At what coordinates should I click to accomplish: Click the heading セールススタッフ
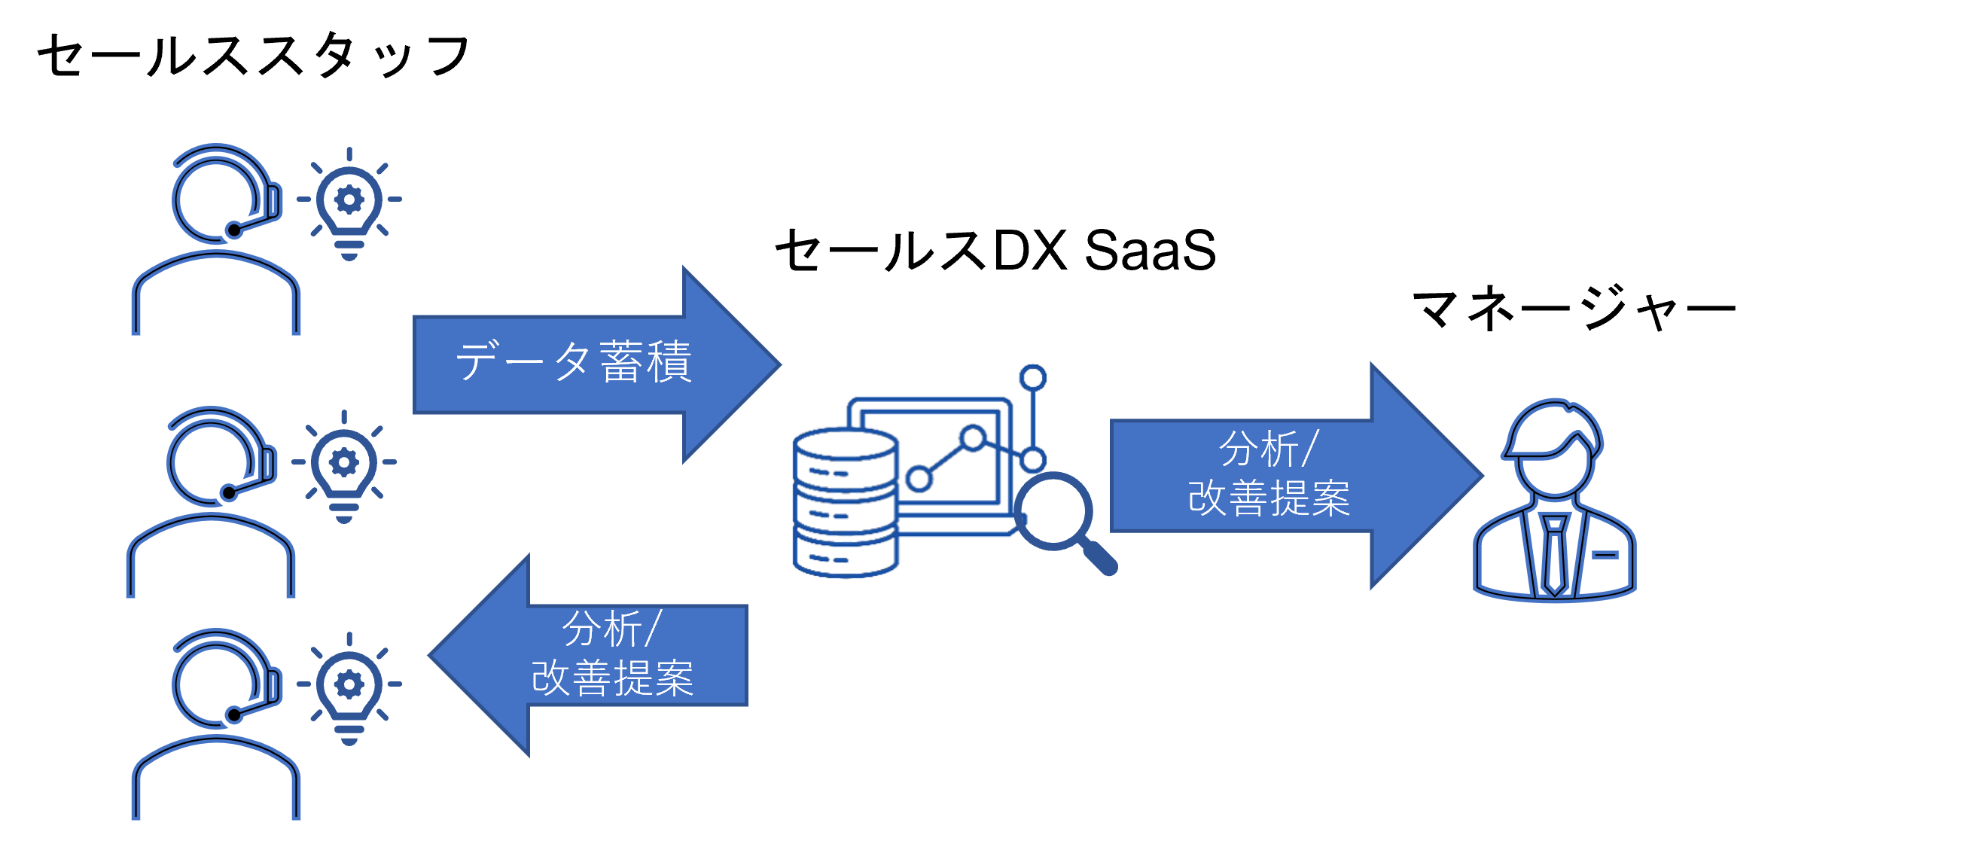pyautogui.click(x=253, y=55)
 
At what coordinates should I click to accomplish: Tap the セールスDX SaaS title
pyautogui.click(x=995, y=251)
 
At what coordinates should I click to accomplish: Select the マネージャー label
pyautogui.click(x=1573, y=309)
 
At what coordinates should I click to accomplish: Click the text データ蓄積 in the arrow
pyautogui.click(x=574, y=362)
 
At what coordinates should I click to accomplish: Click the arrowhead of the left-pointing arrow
pyautogui.click(x=479, y=655)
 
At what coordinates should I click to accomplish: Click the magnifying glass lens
pyautogui.click(x=1053, y=510)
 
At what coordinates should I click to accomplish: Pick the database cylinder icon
pyautogui.click(x=845, y=502)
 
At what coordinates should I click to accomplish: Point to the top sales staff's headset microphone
pyautogui.click(x=234, y=229)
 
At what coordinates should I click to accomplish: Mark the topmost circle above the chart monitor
pyautogui.click(x=1033, y=377)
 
